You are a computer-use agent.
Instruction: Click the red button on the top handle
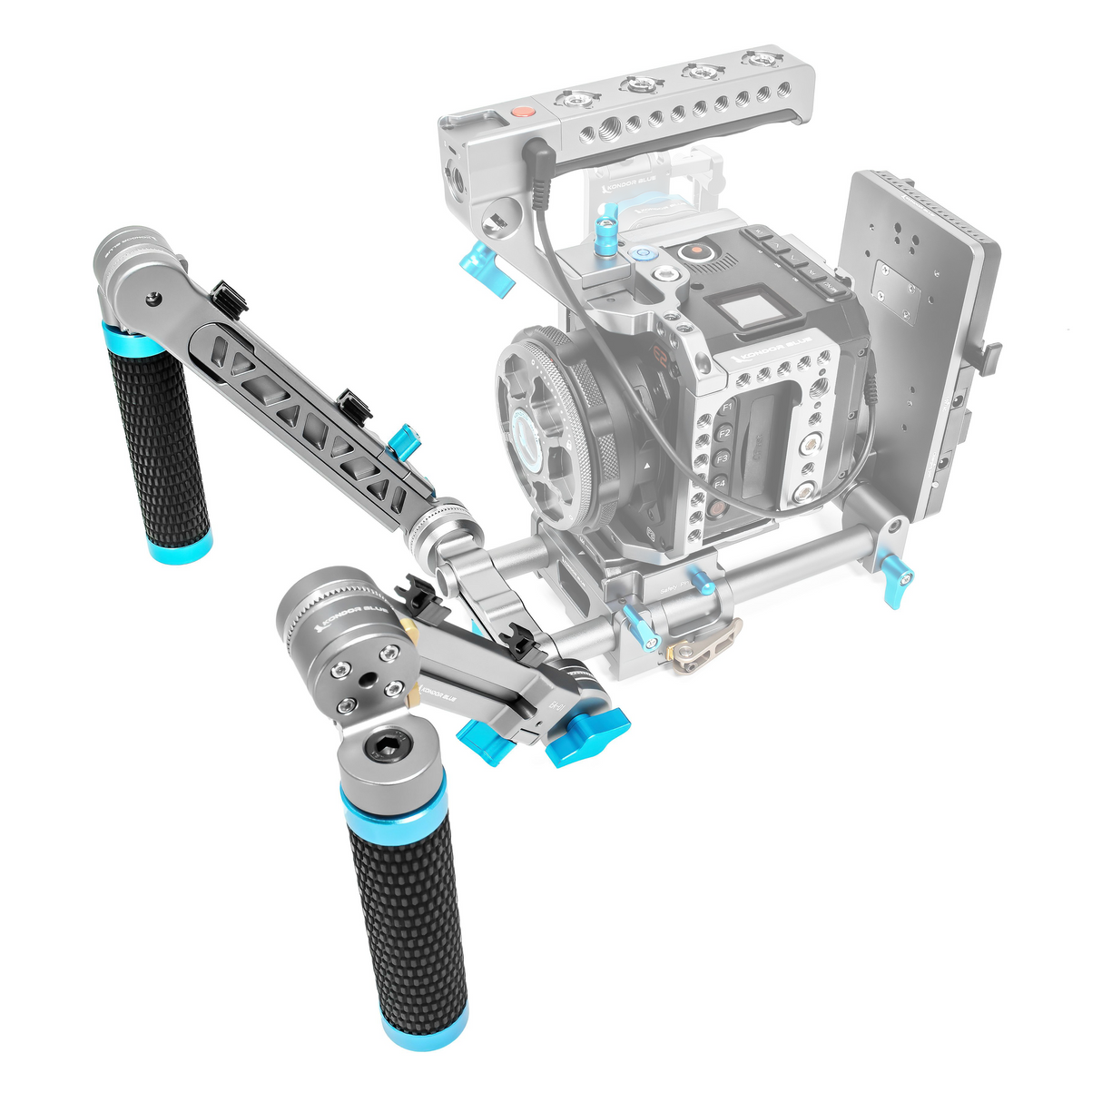tap(521, 113)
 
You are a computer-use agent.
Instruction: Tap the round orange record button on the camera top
tap(694, 251)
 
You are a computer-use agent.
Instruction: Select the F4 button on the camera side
tap(719, 485)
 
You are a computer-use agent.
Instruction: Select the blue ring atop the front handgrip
tap(393, 805)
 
